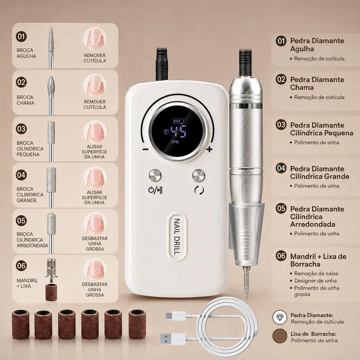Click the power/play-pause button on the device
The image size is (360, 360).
click(155, 176)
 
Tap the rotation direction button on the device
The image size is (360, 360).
click(199, 176)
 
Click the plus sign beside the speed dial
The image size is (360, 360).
click(209, 149)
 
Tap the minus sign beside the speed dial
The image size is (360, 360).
click(145, 149)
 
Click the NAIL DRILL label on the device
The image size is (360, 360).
click(176, 237)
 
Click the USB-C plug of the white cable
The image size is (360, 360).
click(176, 317)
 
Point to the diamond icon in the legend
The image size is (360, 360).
click(279, 317)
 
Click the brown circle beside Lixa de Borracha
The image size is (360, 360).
click(279, 336)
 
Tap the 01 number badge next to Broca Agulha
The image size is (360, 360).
click(21, 37)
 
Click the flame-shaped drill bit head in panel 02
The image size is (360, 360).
click(51, 85)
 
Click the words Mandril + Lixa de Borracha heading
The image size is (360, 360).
click(318, 260)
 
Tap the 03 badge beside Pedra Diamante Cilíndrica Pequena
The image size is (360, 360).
click(281, 125)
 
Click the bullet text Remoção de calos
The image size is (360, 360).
click(316, 274)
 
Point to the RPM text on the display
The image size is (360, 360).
click(175, 142)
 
